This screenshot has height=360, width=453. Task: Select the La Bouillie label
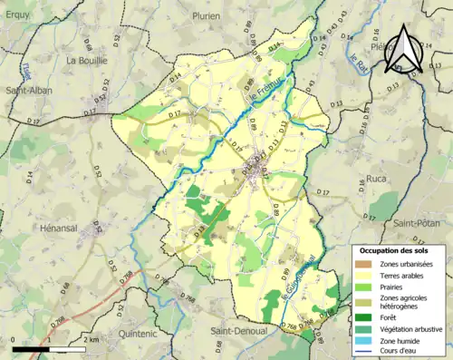(x=87, y=61)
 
